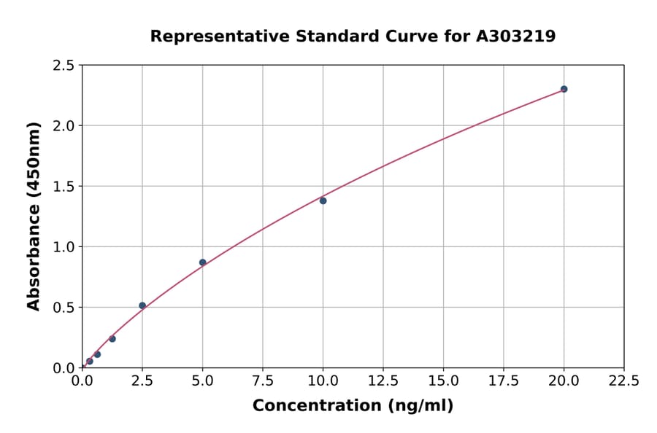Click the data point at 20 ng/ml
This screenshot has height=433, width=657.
coord(564,89)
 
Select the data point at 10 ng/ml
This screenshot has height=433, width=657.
coord(323,200)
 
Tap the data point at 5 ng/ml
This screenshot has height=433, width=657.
coord(203,262)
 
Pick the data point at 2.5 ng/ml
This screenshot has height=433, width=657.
coord(142,305)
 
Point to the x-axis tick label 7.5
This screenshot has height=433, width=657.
coord(263,381)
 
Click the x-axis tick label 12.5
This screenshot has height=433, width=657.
coord(383,381)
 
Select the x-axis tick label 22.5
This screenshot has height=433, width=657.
coord(624,381)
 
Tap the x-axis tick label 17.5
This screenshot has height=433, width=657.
coord(504,381)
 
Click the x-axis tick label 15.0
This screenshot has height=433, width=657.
coord(443,381)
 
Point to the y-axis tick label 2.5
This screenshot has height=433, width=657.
coord(64,66)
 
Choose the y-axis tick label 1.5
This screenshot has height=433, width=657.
coord(64,187)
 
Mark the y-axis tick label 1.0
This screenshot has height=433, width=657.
coord(64,247)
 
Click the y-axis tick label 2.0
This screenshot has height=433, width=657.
coord(64,126)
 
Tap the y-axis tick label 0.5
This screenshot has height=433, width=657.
coord(64,308)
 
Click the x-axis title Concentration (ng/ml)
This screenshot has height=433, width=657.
coord(353,405)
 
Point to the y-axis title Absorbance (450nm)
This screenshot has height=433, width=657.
coord(34,216)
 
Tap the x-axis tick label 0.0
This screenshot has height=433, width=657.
coord(82,381)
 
